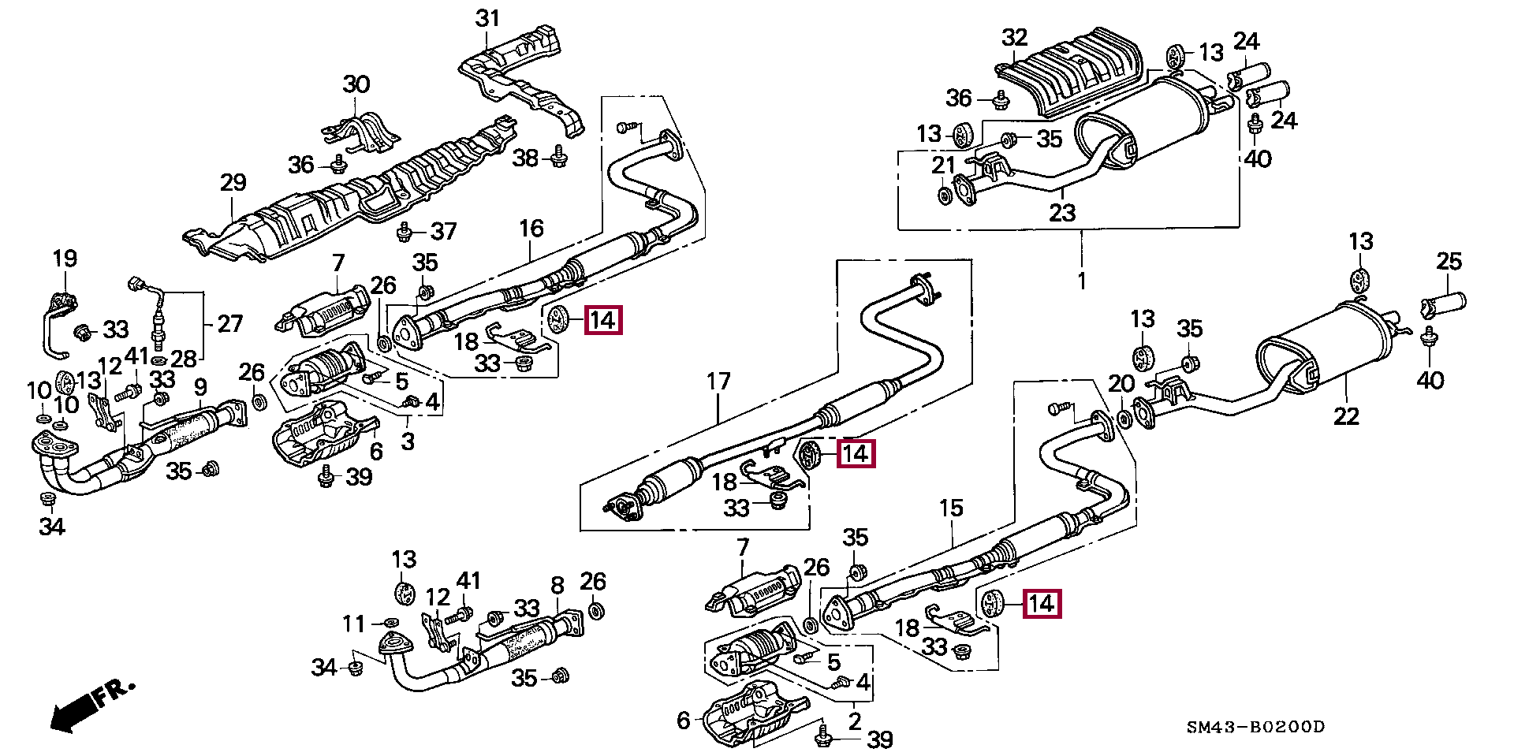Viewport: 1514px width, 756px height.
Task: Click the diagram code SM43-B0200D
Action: click(x=1255, y=727)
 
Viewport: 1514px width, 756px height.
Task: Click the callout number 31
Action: click(x=487, y=18)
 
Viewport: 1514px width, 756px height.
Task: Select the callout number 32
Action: click(x=1014, y=37)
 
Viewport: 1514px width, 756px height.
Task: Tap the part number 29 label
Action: click(x=233, y=183)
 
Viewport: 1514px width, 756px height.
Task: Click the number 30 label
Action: click(x=356, y=84)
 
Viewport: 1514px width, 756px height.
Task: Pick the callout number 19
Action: click(x=65, y=259)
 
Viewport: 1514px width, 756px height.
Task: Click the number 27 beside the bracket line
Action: click(x=229, y=323)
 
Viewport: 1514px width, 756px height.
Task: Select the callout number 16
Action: click(x=531, y=229)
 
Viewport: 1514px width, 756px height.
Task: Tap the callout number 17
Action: click(x=718, y=382)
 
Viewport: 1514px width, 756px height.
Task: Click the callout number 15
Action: click(x=951, y=508)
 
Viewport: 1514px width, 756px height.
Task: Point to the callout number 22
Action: click(x=1345, y=415)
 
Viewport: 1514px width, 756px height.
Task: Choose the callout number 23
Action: click(x=1062, y=212)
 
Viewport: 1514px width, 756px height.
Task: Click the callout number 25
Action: click(x=1449, y=262)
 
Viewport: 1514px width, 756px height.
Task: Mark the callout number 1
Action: click(x=1081, y=280)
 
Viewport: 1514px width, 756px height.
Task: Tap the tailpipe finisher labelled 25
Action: click(x=1444, y=304)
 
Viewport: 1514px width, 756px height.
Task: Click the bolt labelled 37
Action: click(x=405, y=231)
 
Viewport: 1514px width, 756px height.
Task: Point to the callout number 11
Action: click(x=353, y=624)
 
